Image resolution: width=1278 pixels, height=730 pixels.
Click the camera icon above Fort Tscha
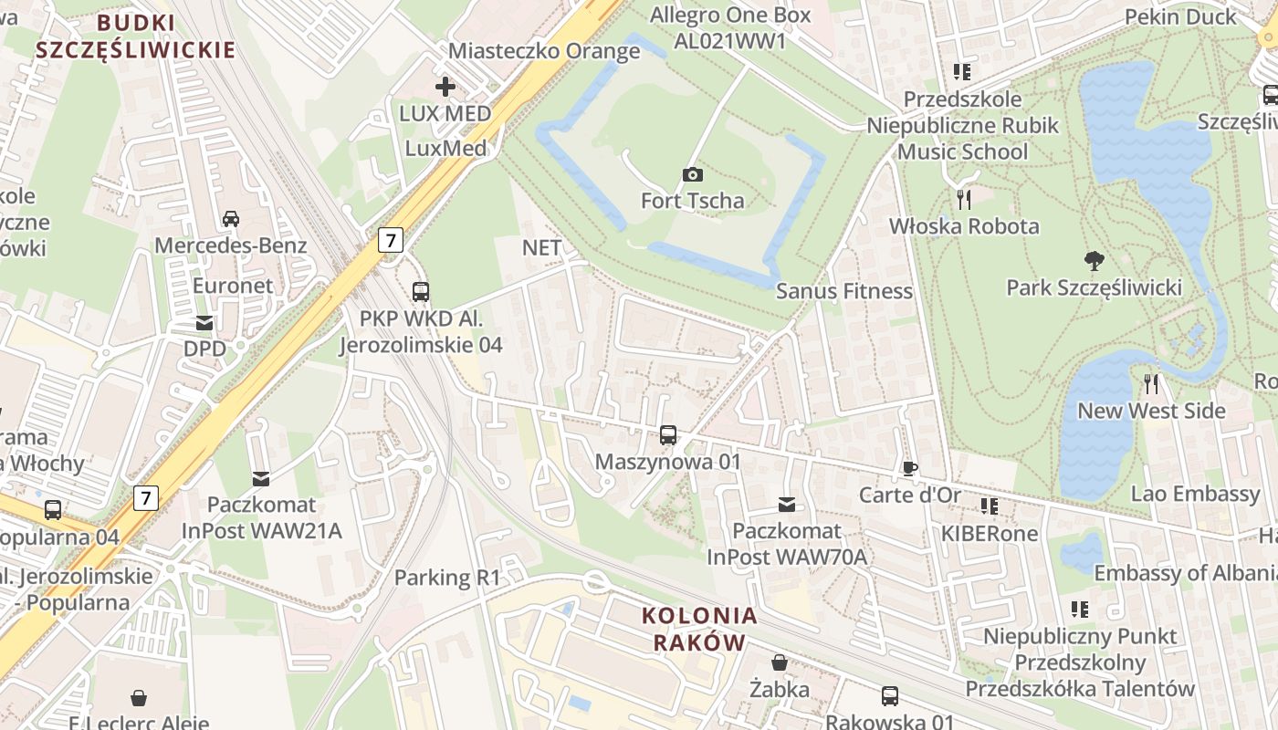pyautogui.click(x=693, y=174)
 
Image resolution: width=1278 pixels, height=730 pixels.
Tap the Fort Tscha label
pyautogui.click(x=692, y=200)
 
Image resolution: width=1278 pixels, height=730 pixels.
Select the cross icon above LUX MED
pyautogui.click(x=445, y=88)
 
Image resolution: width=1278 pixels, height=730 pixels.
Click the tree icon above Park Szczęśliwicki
pyautogui.click(x=1094, y=262)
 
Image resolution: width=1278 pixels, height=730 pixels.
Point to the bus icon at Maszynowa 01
pyautogui.click(x=668, y=435)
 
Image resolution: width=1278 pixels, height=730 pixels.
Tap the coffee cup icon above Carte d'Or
pyautogui.click(x=909, y=469)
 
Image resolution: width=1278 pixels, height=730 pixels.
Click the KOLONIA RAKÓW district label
pyautogui.click(x=699, y=629)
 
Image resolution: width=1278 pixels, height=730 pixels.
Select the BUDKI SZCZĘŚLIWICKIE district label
pyautogui.click(x=136, y=36)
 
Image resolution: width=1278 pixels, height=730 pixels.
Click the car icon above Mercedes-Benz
pyautogui.click(x=231, y=219)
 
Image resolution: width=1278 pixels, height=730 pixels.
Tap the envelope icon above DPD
pyautogui.click(x=204, y=323)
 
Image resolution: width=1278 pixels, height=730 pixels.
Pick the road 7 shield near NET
pyautogui.click(x=392, y=240)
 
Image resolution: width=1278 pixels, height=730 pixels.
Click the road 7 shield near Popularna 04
pyautogui.click(x=146, y=498)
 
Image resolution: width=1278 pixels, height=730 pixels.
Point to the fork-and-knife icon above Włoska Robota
pyautogui.click(x=963, y=199)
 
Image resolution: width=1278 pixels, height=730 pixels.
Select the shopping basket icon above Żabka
pyautogui.click(x=780, y=662)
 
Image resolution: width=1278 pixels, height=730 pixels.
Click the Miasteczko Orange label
pyautogui.click(x=544, y=50)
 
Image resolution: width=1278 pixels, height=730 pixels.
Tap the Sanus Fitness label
pyautogui.click(x=843, y=290)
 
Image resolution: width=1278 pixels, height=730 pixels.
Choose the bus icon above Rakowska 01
pyautogui.click(x=890, y=696)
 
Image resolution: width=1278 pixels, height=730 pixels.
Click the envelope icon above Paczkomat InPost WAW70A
pyautogui.click(x=786, y=505)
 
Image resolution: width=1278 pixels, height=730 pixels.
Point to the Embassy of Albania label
pyautogui.click(x=1185, y=573)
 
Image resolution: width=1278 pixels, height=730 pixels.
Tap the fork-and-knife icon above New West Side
pyautogui.click(x=1151, y=383)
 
